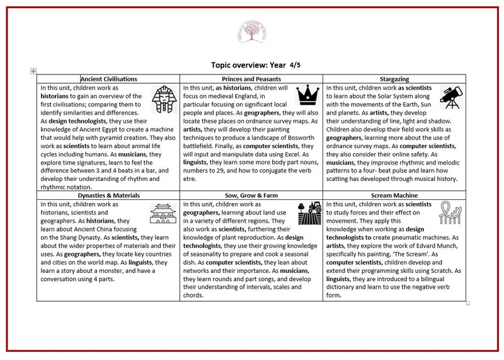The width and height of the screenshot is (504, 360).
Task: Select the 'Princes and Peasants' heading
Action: (x=251, y=79)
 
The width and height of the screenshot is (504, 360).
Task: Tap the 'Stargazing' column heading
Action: (x=395, y=79)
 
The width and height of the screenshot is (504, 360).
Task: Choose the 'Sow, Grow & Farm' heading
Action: (x=251, y=196)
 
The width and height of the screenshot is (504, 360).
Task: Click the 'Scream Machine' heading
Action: (x=395, y=196)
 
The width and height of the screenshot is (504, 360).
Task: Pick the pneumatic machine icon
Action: (x=451, y=214)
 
